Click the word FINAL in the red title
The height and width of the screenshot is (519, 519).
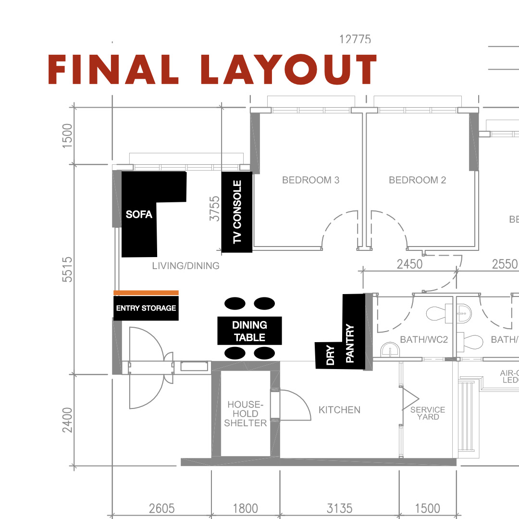113,70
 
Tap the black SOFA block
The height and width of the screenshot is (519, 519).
139,214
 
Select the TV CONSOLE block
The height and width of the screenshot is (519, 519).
237,212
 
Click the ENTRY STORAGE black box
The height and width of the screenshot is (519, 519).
146,308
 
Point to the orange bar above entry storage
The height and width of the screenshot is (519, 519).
146,292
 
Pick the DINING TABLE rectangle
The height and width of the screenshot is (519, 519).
249,331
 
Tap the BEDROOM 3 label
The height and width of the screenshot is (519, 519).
310,180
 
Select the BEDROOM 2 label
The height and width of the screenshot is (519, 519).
417,180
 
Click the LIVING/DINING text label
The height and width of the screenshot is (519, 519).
185,265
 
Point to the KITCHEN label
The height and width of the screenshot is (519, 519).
339,410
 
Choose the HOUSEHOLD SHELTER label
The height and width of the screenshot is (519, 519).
246,414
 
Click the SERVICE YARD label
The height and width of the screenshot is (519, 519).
428,413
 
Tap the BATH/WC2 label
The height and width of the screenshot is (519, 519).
424,340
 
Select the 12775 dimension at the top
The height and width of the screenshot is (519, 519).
355,39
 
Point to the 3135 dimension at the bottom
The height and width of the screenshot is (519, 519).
339,508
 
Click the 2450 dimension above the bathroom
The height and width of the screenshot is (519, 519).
409,264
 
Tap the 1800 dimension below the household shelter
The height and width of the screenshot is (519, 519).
245,508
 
